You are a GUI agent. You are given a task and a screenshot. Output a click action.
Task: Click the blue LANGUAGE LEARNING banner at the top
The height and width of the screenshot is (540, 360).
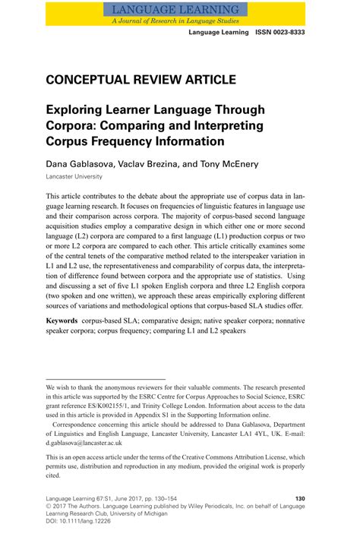tap(179, 9)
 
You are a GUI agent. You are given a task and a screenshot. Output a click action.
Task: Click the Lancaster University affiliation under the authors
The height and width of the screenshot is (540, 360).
tap(74, 176)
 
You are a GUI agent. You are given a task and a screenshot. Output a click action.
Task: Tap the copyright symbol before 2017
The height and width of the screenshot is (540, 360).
tap(49, 507)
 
